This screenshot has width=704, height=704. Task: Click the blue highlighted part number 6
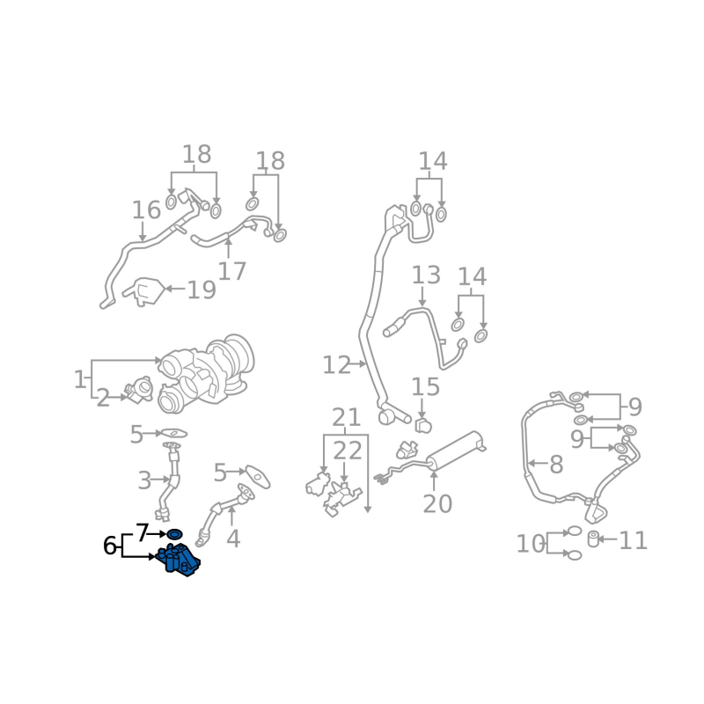coord(179,560)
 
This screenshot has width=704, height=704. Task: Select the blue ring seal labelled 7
coord(174,534)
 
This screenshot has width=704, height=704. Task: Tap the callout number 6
coord(109,546)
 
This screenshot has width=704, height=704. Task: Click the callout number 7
coord(143,532)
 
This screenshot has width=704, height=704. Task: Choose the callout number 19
coord(202,290)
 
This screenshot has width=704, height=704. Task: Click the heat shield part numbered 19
coord(144,291)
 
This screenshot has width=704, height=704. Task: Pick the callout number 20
coord(437,503)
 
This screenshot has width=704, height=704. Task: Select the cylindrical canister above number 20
coord(456,451)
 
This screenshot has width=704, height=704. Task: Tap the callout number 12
coord(336,365)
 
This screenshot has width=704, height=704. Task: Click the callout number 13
coord(426,275)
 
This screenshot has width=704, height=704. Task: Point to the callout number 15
coord(425,386)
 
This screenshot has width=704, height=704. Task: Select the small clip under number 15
coord(423,425)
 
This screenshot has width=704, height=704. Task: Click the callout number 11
coord(633,540)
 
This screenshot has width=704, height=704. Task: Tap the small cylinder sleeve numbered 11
coord(593,539)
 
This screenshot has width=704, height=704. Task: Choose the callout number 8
coord(556,465)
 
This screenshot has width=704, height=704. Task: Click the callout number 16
coord(146,209)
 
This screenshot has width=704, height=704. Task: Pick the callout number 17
coord(231,271)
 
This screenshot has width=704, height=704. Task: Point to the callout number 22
coord(347,451)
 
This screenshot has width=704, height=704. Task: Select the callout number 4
coord(233,539)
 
